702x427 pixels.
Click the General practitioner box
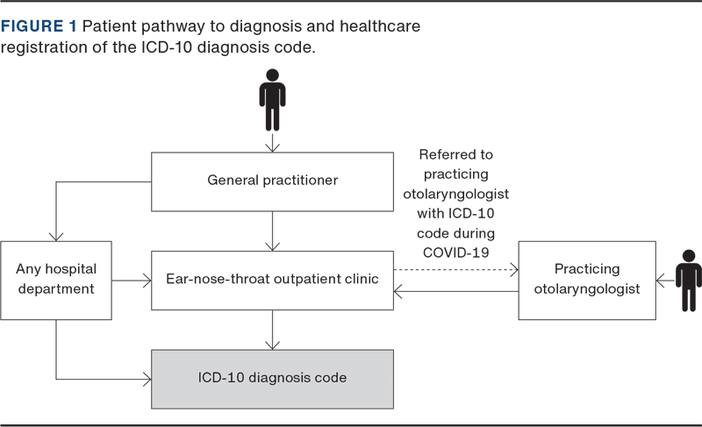point(272,181)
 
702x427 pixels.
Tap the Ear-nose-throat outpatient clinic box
point(272,280)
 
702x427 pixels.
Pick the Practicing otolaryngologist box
point(587,279)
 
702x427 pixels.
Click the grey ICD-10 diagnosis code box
point(272,379)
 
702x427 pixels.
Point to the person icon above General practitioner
point(272,100)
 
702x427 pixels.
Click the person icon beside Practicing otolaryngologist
point(688,279)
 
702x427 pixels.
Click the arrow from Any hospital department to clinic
point(132,281)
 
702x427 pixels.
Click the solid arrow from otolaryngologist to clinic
point(456,298)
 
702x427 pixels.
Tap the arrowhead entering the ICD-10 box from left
point(145,380)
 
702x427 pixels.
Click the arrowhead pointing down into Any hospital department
point(56,234)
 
